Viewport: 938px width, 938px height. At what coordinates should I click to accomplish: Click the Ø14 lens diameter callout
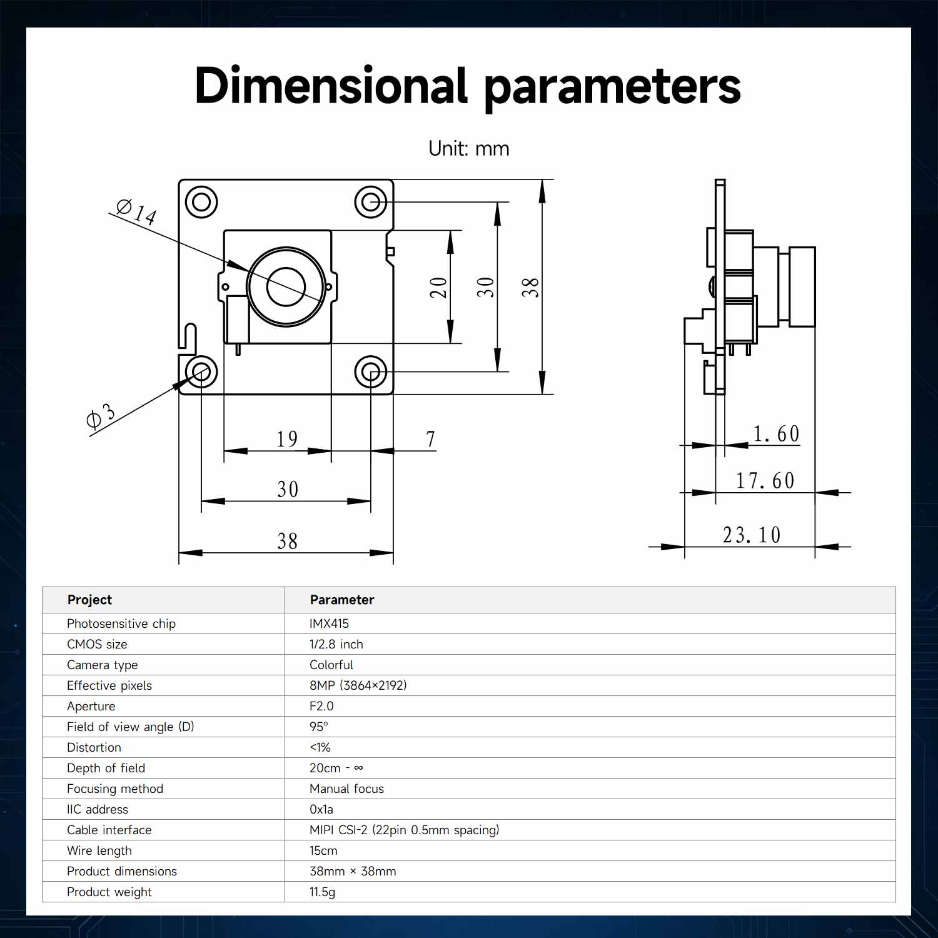pyautogui.click(x=136, y=211)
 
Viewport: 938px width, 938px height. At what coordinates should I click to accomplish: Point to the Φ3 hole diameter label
pyautogui.click(x=101, y=415)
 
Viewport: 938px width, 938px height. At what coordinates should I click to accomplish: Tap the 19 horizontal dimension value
pyautogui.click(x=287, y=439)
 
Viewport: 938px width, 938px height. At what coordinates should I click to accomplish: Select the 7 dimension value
pyautogui.click(x=430, y=439)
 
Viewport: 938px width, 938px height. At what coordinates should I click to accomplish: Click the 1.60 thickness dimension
pyautogui.click(x=776, y=433)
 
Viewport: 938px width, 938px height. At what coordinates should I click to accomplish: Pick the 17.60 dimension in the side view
pyautogui.click(x=765, y=480)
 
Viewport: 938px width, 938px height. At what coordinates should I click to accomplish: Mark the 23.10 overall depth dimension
pyautogui.click(x=752, y=535)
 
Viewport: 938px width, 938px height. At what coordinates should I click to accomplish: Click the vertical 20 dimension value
pyautogui.click(x=439, y=288)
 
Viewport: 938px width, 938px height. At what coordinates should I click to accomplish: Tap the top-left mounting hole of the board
pyautogui.click(x=201, y=202)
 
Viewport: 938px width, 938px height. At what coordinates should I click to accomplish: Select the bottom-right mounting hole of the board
pyautogui.click(x=371, y=372)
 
